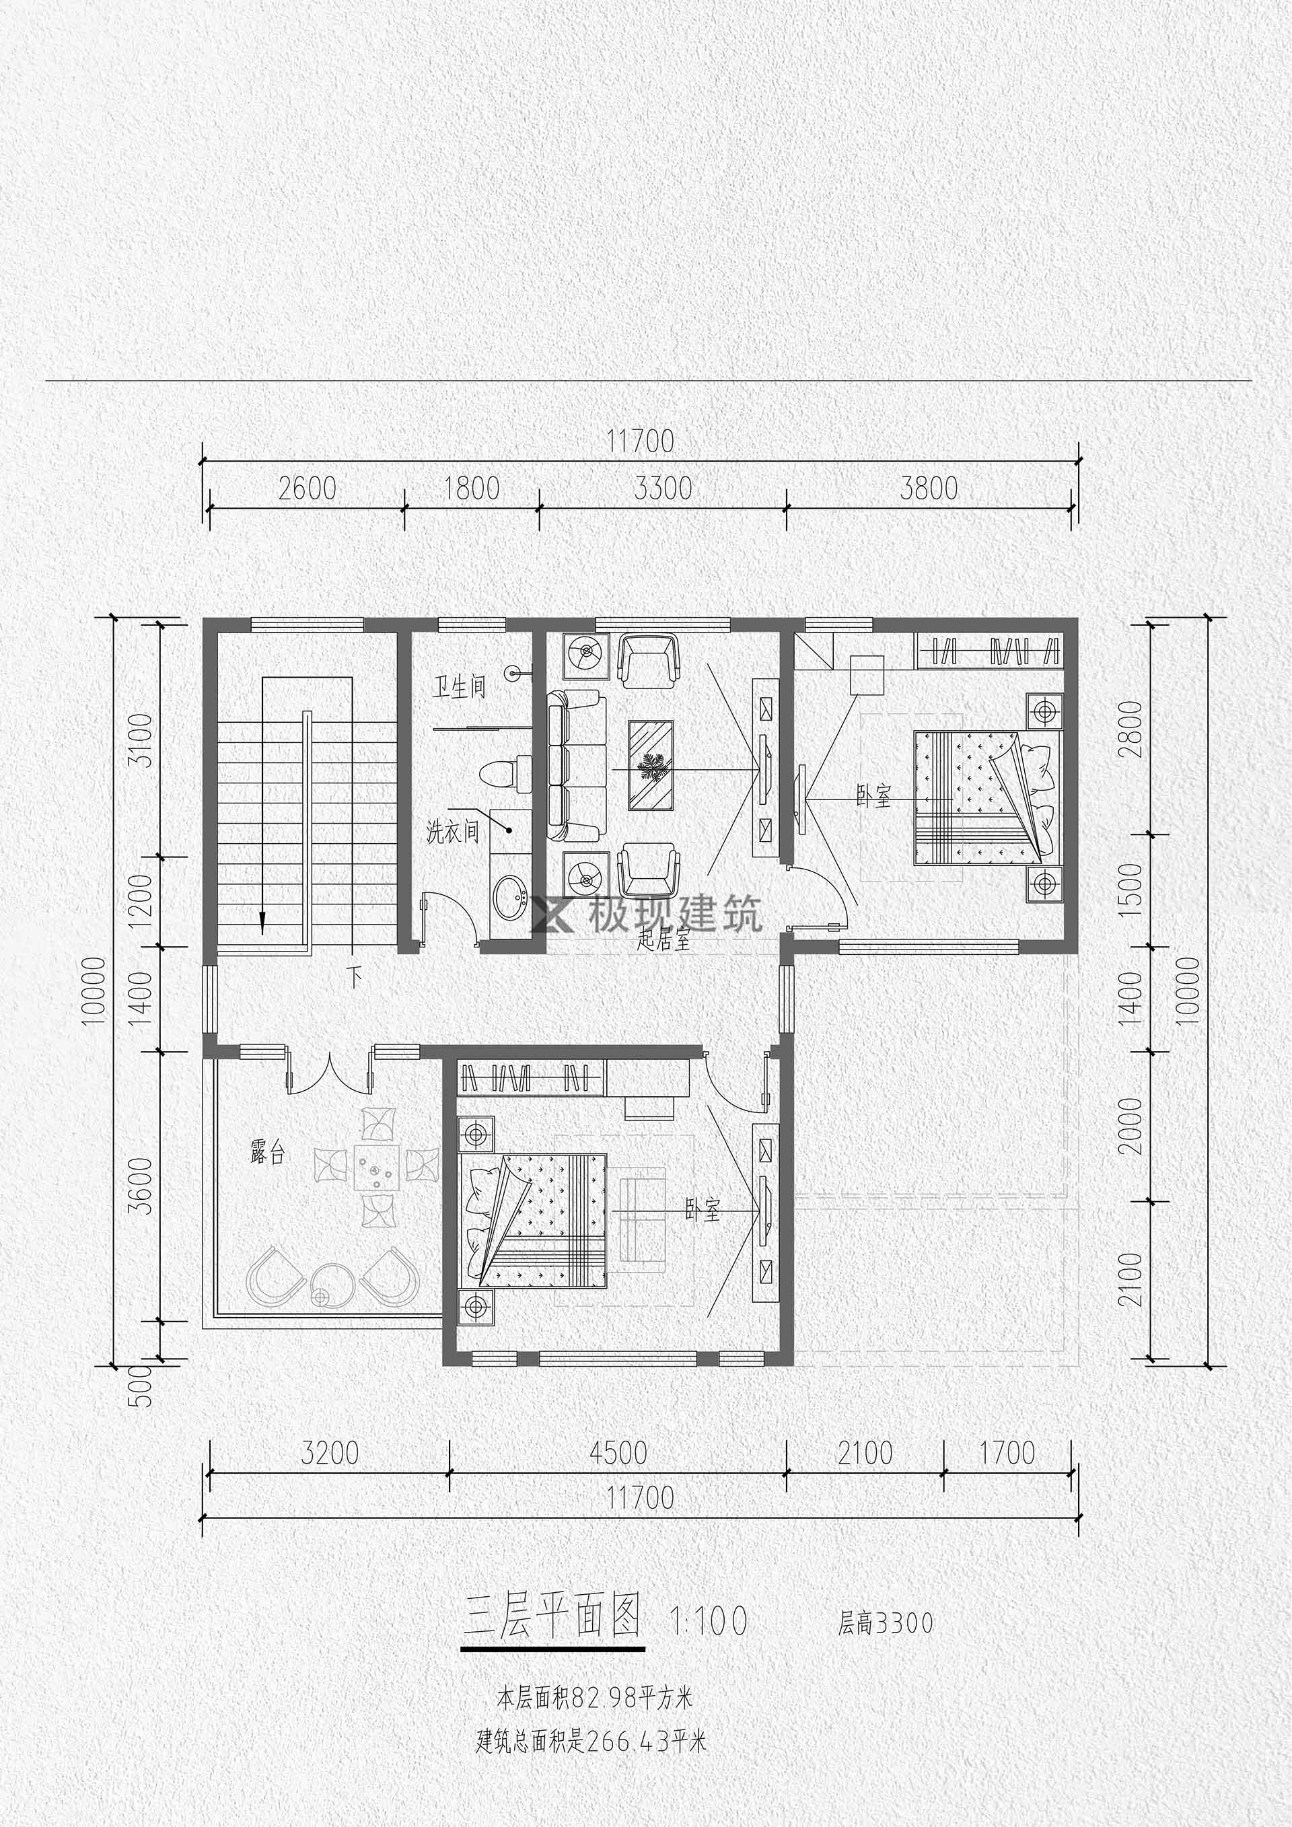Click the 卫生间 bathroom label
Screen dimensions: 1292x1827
pos(459,686)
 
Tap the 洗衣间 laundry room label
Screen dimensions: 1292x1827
pos(453,832)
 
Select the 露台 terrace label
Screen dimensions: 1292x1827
pos(267,1153)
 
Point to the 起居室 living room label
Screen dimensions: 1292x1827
pos(663,941)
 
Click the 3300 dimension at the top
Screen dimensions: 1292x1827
pos(663,488)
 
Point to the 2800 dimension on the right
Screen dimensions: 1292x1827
pos(1130,729)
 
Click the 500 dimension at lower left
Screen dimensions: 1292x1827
pos(140,1386)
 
